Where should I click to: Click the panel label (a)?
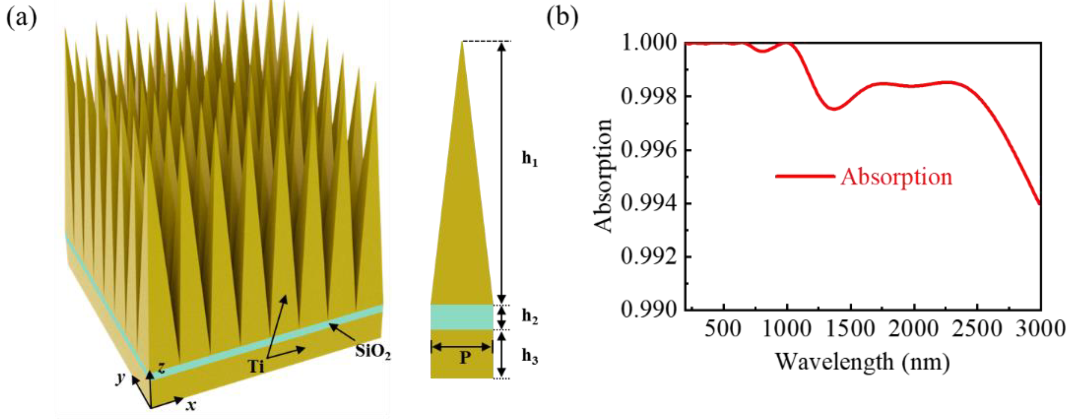(22, 19)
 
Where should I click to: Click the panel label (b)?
(562, 19)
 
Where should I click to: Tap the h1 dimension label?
(530, 159)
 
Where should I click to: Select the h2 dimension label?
(530, 317)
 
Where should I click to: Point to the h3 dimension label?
(530, 356)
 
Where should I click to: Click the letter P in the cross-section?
(465, 357)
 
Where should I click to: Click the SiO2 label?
(372, 352)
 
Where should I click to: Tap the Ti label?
(256, 366)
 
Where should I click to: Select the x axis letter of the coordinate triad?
(191, 405)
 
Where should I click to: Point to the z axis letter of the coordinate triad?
(162, 367)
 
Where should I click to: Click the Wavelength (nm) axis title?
(862, 362)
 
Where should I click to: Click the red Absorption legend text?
(896, 177)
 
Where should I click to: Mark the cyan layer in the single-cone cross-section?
(462, 317)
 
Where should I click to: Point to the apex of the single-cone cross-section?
(462, 42)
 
